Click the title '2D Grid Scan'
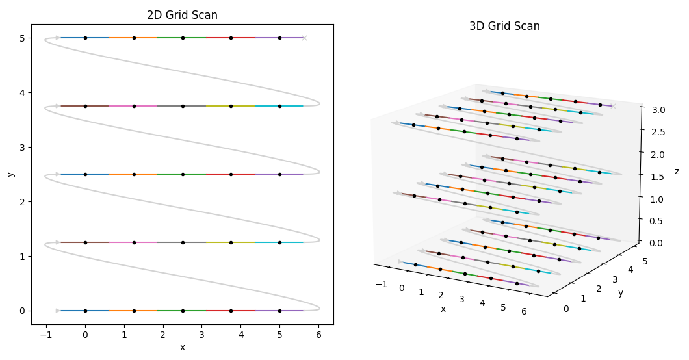182,15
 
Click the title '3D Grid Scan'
504,27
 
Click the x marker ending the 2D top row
304,38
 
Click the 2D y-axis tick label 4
21,93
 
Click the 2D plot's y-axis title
10,174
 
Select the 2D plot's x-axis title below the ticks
182,347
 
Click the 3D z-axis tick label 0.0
656,243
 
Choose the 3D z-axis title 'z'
677,171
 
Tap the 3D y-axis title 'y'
620,293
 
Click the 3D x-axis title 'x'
443,309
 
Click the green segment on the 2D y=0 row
182,311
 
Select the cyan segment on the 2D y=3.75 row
279,106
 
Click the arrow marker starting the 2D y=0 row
58,311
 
